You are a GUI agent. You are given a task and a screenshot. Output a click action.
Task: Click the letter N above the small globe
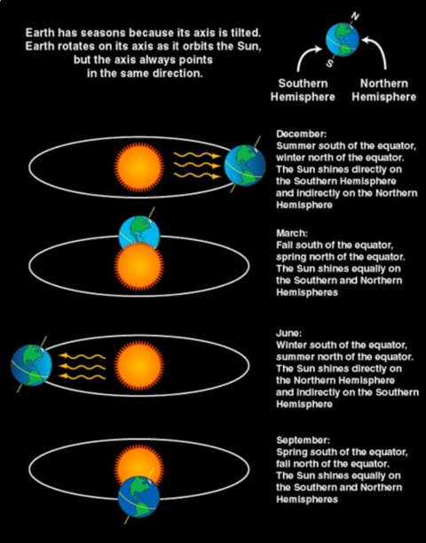pyautogui.click(x=356, y=16)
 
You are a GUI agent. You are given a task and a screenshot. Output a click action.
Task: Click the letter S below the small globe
pyautogui.click(x=330, y=63)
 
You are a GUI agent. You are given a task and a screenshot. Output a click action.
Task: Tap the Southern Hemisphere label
pyautogui.click(x=303, y=90)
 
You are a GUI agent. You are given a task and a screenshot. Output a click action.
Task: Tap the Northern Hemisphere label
pyautogui.click(x=384, y=90)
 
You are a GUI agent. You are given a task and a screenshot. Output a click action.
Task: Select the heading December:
pyautogui.click(x=302, y=134)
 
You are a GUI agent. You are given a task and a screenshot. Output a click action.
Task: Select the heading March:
pyautogui.click(x=292, y=233)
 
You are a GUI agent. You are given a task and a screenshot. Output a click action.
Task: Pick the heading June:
pyautogui.click(x=289, y=333)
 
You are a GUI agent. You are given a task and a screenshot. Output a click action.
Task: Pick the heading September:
pyautogui.click(x=303, y=440)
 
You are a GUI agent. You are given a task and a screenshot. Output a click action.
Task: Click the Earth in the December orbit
pyautogui.click(x=245, y=166)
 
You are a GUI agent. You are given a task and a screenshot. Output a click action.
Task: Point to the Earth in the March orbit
pyautogui.click(x=139, y=233)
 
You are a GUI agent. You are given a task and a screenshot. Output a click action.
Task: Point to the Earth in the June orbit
pyautogui.click(x=31, y=365)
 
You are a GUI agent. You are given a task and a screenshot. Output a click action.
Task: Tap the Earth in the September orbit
pyautogui.click(x=139, y=497)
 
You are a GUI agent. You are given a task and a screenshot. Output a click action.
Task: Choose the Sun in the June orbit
pyautogui.click(x=139, y=365)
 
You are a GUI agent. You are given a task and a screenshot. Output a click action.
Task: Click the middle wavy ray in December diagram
pyautogui.click(x=197, y=165)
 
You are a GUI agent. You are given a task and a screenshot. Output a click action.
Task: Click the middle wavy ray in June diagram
pyautogui.click(x=81, y=365)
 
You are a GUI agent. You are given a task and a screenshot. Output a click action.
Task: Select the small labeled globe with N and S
pyautogui.click(x=342, y=40)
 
